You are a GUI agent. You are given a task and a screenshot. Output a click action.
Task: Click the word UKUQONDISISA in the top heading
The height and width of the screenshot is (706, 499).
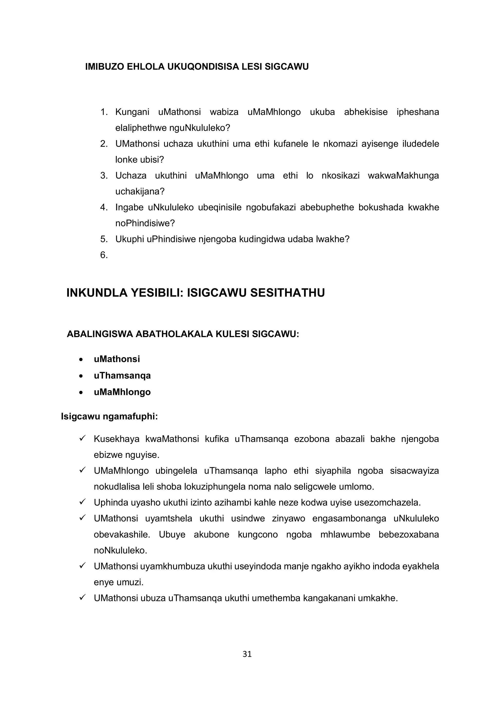click(203, 67)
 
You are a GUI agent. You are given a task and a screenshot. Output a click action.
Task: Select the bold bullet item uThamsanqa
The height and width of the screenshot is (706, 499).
click(122, 375)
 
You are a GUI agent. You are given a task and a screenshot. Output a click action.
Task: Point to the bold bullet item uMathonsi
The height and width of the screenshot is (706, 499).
click(117, 359)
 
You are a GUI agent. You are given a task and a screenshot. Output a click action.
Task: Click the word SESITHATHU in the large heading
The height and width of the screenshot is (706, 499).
click(287, 293)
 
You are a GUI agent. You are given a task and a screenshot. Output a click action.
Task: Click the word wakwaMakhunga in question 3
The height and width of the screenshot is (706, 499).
click(403, 176)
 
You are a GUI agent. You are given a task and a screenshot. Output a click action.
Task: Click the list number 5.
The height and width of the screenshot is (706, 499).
click(104, 239)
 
